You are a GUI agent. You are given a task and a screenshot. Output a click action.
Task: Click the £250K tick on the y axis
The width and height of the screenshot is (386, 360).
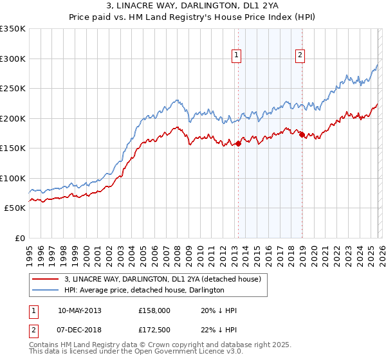13,88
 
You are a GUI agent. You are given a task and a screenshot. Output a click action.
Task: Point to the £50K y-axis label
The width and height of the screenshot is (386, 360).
14,208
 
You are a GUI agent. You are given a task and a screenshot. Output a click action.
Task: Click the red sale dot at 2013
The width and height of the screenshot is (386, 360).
238,143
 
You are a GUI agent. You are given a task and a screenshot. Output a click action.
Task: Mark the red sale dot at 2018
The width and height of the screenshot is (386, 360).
301,134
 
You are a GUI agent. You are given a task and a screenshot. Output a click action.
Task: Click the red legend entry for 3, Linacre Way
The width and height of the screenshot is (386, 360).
161,279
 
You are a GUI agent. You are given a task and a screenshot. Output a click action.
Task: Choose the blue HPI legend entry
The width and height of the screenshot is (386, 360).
143,290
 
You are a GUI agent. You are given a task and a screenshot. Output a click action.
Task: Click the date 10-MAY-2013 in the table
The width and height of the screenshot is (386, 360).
79,310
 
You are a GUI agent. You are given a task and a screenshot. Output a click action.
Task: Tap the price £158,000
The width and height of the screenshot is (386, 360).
154,310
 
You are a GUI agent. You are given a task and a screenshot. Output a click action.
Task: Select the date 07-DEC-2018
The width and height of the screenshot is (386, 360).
79,329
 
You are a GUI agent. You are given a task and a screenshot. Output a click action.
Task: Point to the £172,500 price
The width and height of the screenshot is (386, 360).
154,329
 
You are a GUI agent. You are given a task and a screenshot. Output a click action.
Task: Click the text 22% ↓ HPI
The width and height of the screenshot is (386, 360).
219,329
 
